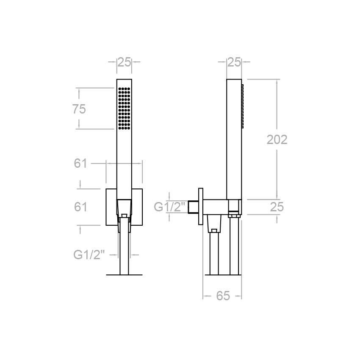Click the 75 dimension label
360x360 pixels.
(79, 109)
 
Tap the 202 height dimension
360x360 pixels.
(277, 140)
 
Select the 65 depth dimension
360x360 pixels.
(223, 296)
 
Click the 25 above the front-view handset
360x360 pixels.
(124, 62)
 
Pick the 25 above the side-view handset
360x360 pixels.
(234, 62)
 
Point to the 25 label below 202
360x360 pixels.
(277, 207)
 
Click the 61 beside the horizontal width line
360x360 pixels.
(80, 163)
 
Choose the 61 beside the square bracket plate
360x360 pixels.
(80, 207)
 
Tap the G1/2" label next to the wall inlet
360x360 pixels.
(169, 207)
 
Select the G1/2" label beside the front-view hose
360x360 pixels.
(89, 255)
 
